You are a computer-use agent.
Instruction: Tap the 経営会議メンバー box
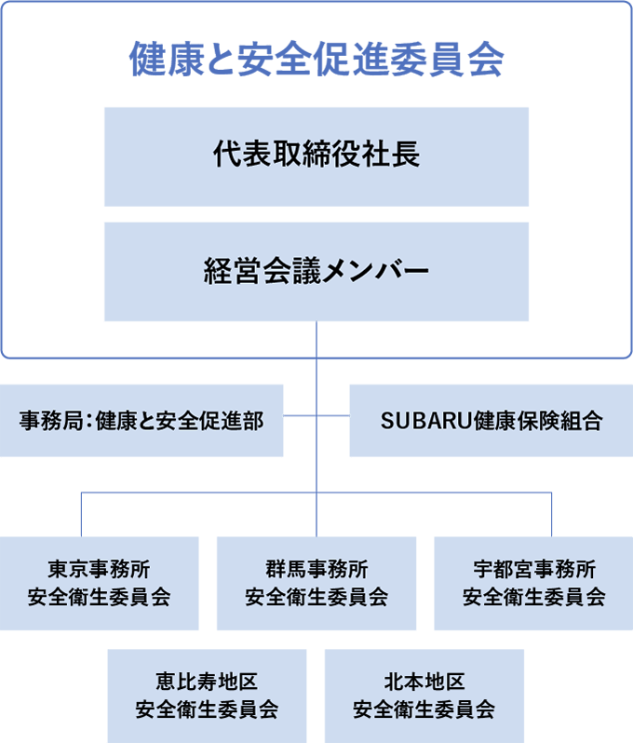click(316, 272)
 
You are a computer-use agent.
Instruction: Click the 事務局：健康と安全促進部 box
click(141, 421)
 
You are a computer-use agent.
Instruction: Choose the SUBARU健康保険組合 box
click(491, 421)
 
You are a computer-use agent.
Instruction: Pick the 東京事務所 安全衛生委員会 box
click(99, 584)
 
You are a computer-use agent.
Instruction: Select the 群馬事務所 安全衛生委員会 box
click(316, 584)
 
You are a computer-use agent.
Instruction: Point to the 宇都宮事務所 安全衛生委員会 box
click(533, 584)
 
